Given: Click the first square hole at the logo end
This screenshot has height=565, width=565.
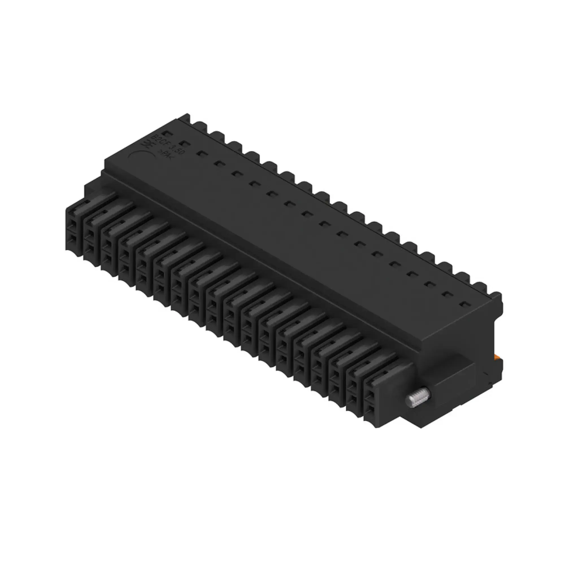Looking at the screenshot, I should point(166,134).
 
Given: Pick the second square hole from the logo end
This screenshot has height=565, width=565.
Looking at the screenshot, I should point(183,143).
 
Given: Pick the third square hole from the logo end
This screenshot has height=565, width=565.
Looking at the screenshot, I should point(201,153).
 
